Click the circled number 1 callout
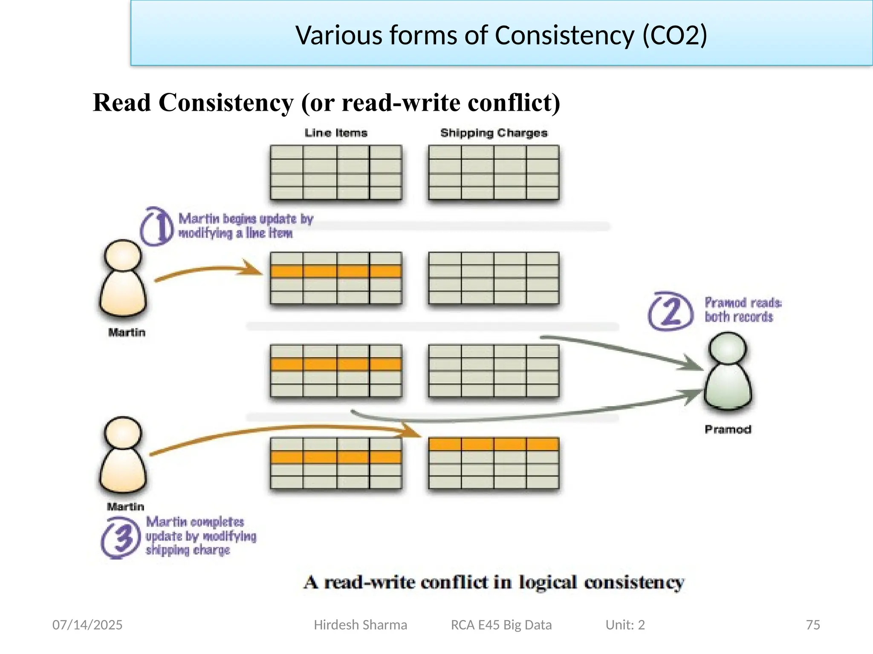tap(157, 227)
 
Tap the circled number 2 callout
tap(671, 311)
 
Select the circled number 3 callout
tap(121, 538)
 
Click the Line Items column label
tap(336, 133)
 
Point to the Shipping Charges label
tap(494, 133)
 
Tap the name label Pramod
tap(728, 429)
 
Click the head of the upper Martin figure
tap(123, 255)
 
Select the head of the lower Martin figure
tap(123, 433)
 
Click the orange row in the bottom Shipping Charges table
tap(494, 444)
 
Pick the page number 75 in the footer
tap(813, 625)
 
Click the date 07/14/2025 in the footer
tap(87, 625)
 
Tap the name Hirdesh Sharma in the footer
tap(360, 625)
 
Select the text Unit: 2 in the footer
tap(625, 625)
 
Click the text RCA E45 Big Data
tap(501, 625)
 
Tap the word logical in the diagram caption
tap(548, 582)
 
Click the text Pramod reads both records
tap(742, 310)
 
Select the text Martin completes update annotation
tap(200, 536)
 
